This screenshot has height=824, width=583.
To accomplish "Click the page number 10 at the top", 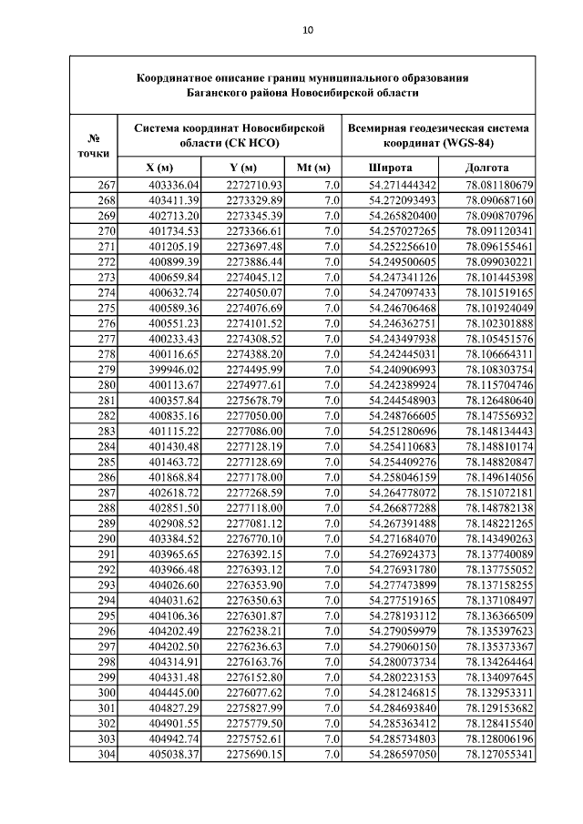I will pos(308,30).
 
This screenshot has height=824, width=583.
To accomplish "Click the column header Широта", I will pos(390,168).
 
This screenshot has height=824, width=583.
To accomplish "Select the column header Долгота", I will pos(486,168).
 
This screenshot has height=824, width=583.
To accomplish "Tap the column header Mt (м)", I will pos(312,168).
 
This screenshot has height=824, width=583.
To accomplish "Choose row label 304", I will pos(106,755).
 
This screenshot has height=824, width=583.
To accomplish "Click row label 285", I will pos(106,463).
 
